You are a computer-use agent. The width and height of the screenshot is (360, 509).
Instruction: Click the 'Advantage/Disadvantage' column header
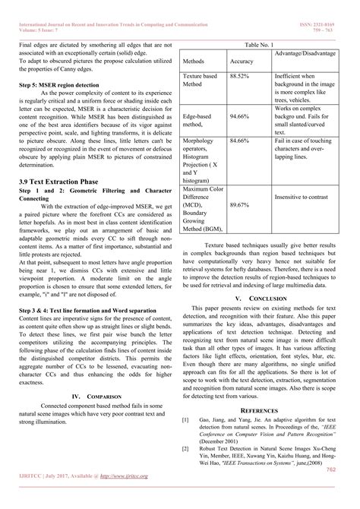click(311, 54)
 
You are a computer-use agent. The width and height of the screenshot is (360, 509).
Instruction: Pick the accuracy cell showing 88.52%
click(239, 77)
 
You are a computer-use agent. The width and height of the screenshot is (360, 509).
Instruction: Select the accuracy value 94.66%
click(239, 117)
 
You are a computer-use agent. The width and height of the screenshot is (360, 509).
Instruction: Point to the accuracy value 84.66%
click(239, 141)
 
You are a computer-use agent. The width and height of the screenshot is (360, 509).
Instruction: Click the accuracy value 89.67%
click(239, 205)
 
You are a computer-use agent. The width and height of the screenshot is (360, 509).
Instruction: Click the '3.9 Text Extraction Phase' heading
click(58, 183)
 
